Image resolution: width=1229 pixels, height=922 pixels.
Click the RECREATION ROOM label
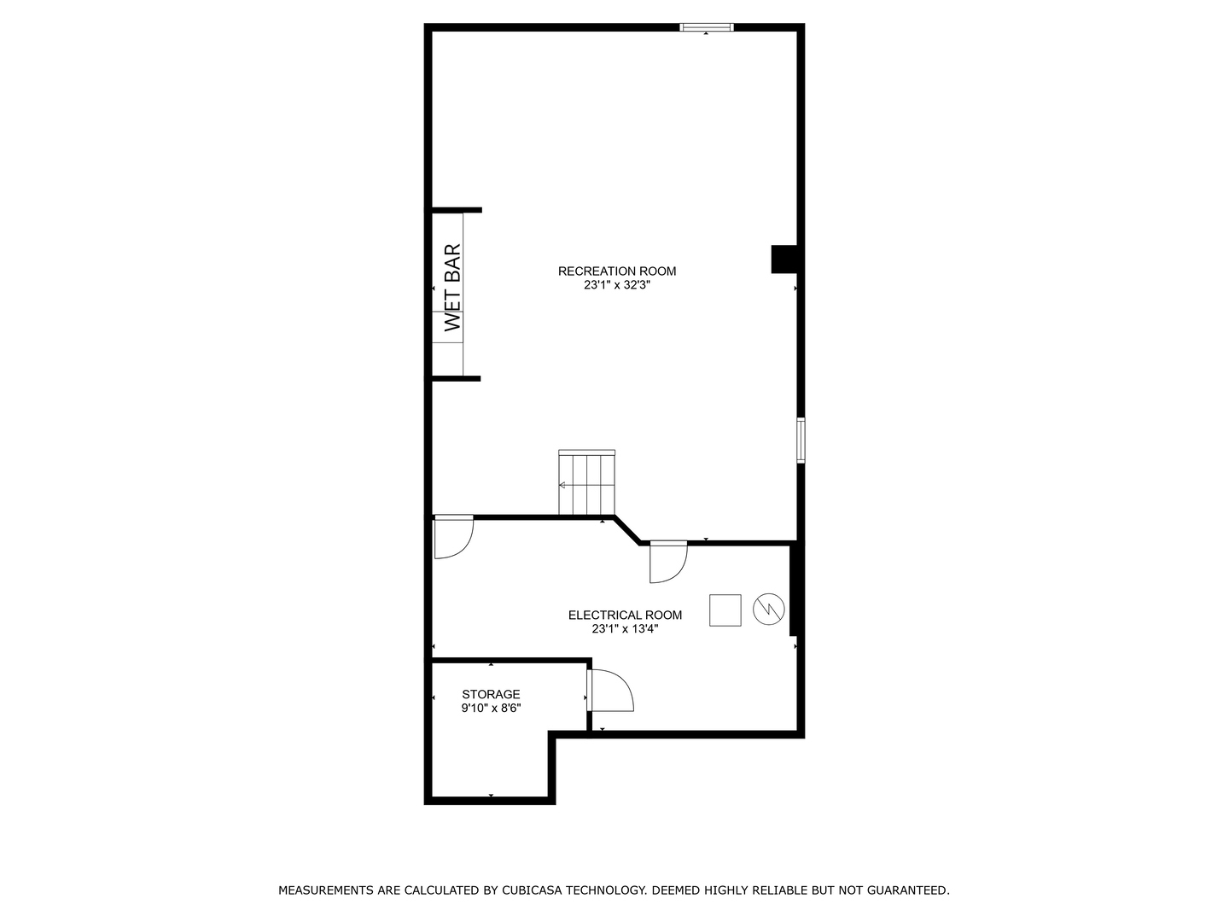(x=616, y=271)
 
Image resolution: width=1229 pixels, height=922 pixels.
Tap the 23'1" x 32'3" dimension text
(x=616, y=285)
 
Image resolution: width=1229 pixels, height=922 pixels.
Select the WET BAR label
(x=452, y=287)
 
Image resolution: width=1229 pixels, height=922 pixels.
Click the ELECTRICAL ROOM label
(x=625, y=615)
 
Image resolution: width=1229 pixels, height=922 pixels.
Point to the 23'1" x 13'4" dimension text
(x=625, y=628)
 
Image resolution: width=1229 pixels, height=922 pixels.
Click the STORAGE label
(x=491, y=694)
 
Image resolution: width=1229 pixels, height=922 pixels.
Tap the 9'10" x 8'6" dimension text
(x=491, y=709)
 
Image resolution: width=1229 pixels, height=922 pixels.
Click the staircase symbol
(x=587, y=482)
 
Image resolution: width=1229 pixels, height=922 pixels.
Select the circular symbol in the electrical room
(x=768, y=609)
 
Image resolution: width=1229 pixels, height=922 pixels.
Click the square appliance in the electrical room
(x=725, y=610)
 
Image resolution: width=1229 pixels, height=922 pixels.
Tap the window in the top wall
(x=706, y=26)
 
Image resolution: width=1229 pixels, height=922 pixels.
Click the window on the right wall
(x=801, y=440)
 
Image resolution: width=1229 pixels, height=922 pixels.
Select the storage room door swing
(x=610, y=691)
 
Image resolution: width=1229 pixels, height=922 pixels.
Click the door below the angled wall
(x=668, y=562)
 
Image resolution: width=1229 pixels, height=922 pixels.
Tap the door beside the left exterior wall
(x=454, y=537)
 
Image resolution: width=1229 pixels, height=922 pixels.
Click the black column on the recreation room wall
(x=783, y=260)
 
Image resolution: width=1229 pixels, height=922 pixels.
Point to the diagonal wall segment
(x=627, y=529)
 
